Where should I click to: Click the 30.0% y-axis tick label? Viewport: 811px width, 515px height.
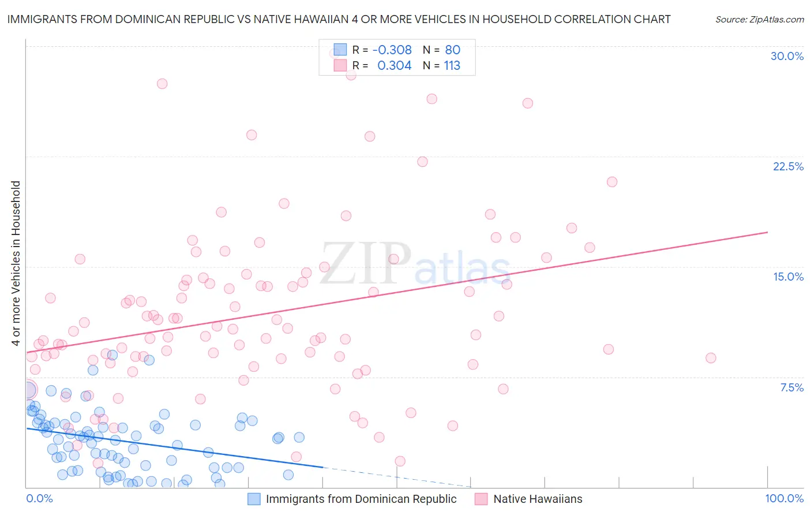(787, 56)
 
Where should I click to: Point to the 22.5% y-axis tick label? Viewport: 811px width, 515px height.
(788, 166)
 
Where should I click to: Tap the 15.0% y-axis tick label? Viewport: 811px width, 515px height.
(788, 277)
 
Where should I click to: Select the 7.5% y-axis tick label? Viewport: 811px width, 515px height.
(791, 387)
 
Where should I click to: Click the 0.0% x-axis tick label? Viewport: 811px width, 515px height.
(39, 498)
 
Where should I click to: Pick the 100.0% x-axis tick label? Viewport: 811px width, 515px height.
(784, 498)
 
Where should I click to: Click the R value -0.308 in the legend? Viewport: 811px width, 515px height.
(392, 50)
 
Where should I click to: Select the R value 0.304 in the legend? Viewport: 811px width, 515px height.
(394, 66)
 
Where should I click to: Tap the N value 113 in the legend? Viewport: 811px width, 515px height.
(452, 66)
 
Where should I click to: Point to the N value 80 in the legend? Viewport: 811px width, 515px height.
(452, 50)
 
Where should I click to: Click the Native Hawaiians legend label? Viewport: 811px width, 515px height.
(538, 499)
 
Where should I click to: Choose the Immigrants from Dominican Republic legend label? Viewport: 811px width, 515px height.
(361, 499)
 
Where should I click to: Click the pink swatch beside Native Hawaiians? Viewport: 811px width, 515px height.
(482, 499)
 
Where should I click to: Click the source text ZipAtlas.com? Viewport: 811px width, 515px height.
(759, 19)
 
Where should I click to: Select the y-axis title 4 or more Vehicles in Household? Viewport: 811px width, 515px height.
(16, 263)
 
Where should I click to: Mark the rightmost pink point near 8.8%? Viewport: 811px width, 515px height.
(711, 358)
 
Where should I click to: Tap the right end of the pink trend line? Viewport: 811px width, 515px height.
(768, 232)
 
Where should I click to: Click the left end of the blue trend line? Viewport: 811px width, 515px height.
(27, 428)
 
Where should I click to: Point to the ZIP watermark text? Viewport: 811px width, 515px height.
(366, 263)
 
